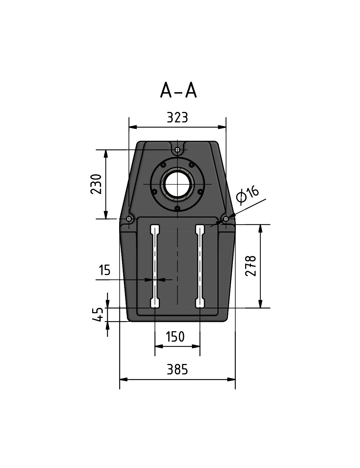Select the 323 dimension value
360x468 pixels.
click(177, 118)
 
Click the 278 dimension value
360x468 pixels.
click(251, 266)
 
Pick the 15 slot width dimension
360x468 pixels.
click(104, 270)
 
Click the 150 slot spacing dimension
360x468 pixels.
click(175, 337)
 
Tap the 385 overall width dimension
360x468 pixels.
click(177, 370)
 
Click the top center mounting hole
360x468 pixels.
click(177, 149)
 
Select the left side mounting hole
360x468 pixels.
click(129, 219)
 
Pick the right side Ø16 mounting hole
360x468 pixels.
click(226, 219)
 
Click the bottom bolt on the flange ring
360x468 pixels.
click(177, 208)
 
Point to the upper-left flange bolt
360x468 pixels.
click(163, 165)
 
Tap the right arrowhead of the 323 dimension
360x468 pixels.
click(222, 127)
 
